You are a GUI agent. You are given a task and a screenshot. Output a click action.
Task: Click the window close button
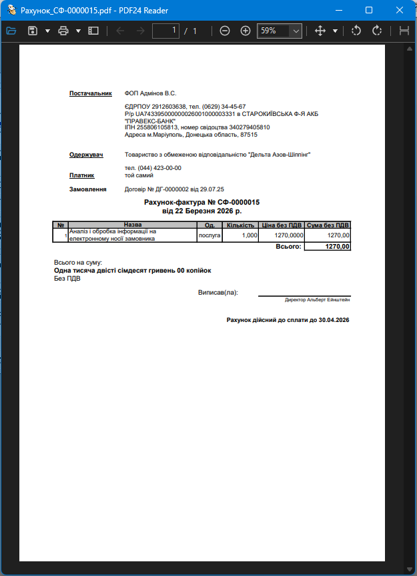click(399, 11)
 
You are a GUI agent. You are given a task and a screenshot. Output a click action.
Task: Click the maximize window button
click(368, 11)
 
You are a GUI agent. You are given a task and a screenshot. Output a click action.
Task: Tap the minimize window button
click(338, 11)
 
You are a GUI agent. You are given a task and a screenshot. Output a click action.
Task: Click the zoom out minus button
click(225, 31)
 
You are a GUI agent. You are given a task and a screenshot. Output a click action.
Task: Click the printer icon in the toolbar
click(63, 31)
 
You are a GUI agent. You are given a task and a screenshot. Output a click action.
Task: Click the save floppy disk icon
click(32, 31)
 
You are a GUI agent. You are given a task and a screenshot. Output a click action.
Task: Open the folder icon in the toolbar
click(11, 31)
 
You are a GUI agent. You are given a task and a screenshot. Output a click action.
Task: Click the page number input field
click(166, 31)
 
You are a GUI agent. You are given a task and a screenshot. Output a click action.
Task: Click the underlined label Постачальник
click(91, 93)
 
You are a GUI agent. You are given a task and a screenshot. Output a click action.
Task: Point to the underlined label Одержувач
click(86, 155)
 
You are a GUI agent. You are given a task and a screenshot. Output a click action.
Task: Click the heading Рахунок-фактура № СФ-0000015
click(201, 202)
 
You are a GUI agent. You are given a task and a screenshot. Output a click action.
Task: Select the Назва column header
click(133, 225)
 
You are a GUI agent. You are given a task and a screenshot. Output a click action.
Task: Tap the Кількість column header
click(240, 225)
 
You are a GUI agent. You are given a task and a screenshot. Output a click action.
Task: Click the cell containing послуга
click(209, 235)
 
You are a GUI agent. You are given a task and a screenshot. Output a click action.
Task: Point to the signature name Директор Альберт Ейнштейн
click(317, 300)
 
